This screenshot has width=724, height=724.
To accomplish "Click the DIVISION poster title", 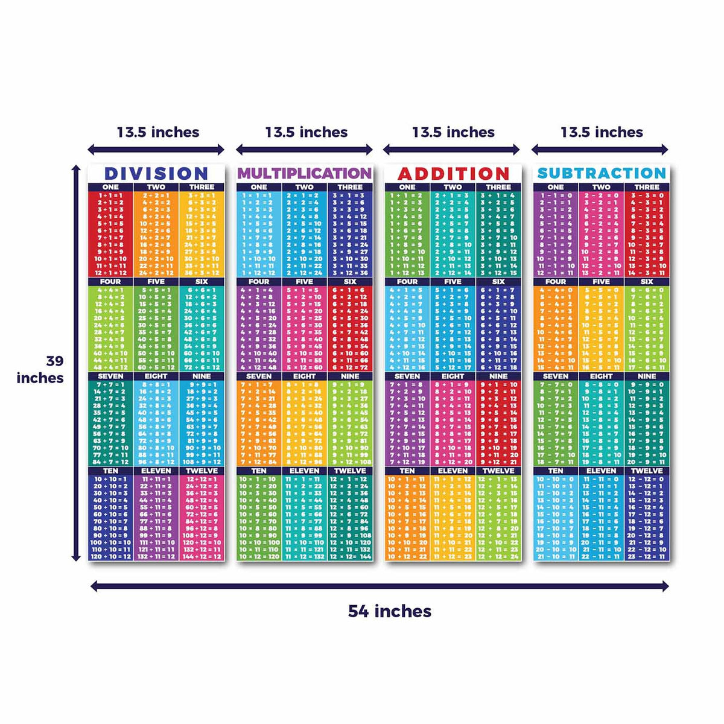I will (x=156, y=174).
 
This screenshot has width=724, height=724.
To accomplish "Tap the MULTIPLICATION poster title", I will (x=305, y=174).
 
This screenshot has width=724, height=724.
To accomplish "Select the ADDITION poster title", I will (x=453, y=174).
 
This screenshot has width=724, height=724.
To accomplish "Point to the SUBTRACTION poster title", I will (x=602, y=174).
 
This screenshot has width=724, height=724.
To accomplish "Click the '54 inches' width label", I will (x=390, y=611).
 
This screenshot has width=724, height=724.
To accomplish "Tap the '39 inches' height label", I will (x=40, y=369).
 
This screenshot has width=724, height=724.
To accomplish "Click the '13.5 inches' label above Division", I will (x=158, y=132).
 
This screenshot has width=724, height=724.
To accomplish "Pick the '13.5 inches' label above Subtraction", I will (x=602, y=132).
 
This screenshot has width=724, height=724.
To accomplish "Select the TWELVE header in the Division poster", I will (x=202, y=471).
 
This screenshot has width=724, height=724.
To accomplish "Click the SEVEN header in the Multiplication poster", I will (x=259, y=376).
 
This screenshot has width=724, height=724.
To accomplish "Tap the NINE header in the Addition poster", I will (x=498, y=376).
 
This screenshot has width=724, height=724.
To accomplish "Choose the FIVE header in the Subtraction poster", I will (x=601, y=281).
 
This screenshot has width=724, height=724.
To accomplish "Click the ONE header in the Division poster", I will (x=110, y=187).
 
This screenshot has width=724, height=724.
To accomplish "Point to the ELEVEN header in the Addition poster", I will (x=453, y=471).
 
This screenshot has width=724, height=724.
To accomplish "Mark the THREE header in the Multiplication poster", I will (x=350, y=187).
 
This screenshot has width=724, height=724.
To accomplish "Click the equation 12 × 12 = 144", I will (x=350, y=556).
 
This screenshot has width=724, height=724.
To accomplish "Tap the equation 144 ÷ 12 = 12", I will (x=202, y=556).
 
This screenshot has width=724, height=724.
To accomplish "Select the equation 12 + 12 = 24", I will (x=498, y=556).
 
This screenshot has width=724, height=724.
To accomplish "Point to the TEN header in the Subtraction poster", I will (x=556, y=471).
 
